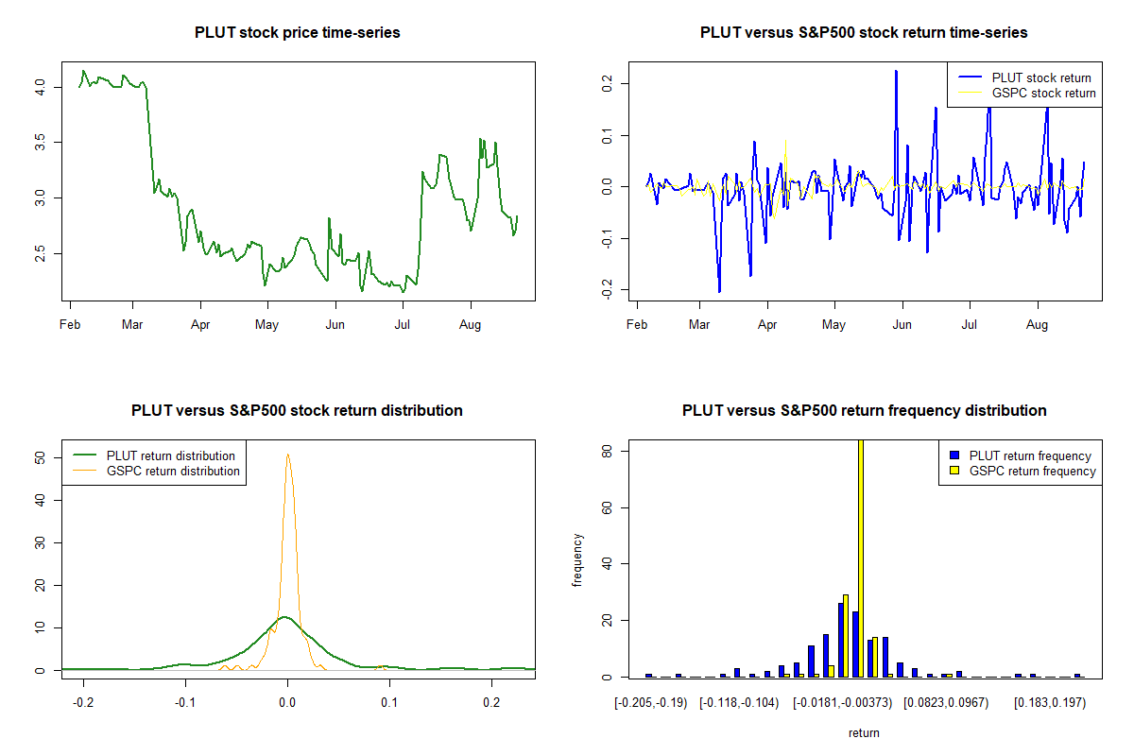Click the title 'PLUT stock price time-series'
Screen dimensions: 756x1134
point(298,33)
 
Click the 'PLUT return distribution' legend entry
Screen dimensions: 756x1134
point(170,455)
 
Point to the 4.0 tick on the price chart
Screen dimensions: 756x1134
point(39,86)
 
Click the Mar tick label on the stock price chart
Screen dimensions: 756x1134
point(133,325)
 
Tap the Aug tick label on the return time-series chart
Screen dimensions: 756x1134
point(1038,325)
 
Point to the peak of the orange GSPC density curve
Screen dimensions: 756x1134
point(287,455)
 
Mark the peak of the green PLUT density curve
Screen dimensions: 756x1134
point(284,617)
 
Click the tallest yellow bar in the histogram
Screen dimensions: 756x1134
point(860,558)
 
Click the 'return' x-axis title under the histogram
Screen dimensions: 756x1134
point(864,732)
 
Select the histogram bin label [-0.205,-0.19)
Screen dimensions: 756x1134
point(651,704)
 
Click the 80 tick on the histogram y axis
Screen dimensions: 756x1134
point(606,452)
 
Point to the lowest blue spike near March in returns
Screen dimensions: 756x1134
point(719,292)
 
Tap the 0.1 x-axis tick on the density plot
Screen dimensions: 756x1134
point(389,704)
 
